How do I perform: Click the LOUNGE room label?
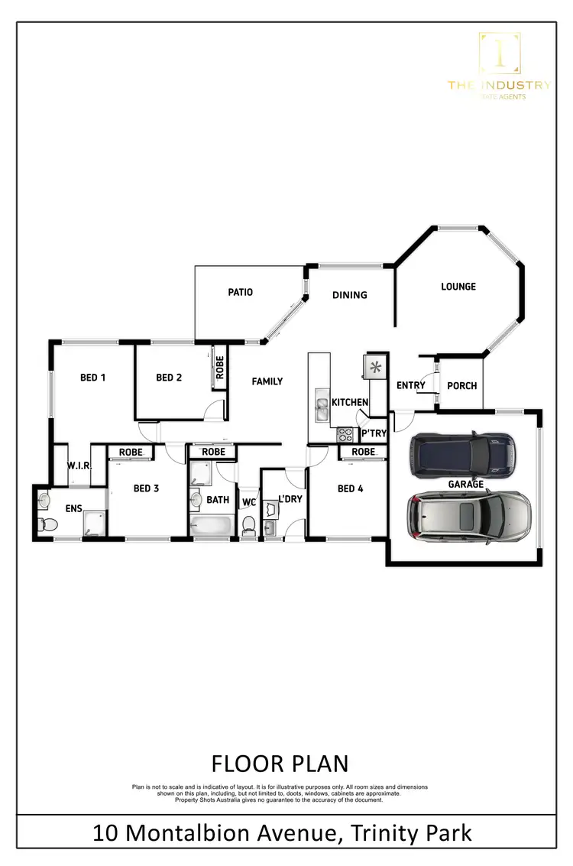click(x=458, y=287)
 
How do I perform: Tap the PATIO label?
click(x=240, y=292)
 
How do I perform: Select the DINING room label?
click(x=350, y=295)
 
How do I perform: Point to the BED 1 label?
click(x=92, y=378)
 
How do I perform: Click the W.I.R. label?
click(x=79, y=465)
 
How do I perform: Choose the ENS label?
click(x=74, y=508)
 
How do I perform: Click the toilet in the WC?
click(x=248, y=524)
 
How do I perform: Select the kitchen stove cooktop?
click(x=345, y=434)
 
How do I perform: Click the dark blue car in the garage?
click(x=461, y=454)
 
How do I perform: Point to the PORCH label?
click(x=461, y=385)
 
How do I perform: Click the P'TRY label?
click(x=374, y=434)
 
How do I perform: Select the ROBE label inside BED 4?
click(x=364, y=452)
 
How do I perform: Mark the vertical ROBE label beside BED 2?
click(x=219, y=368)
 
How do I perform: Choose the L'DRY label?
click(x=290, y=499)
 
